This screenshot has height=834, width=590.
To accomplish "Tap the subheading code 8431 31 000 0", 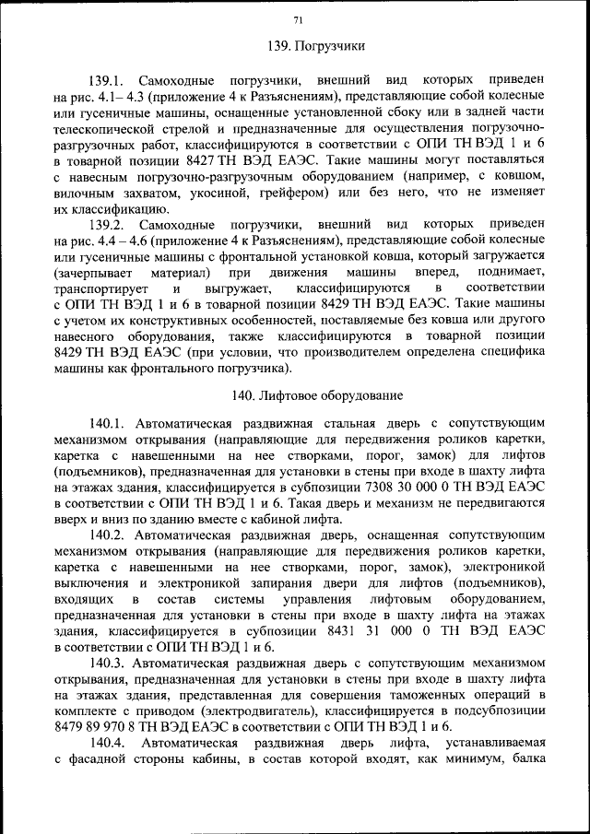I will pyautogui.click(x=373, y=632).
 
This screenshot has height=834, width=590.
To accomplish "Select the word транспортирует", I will pyautogui.click(x=103, y=288).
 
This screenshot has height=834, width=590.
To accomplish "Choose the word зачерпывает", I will pyautogui.click(x=102, y=273).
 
